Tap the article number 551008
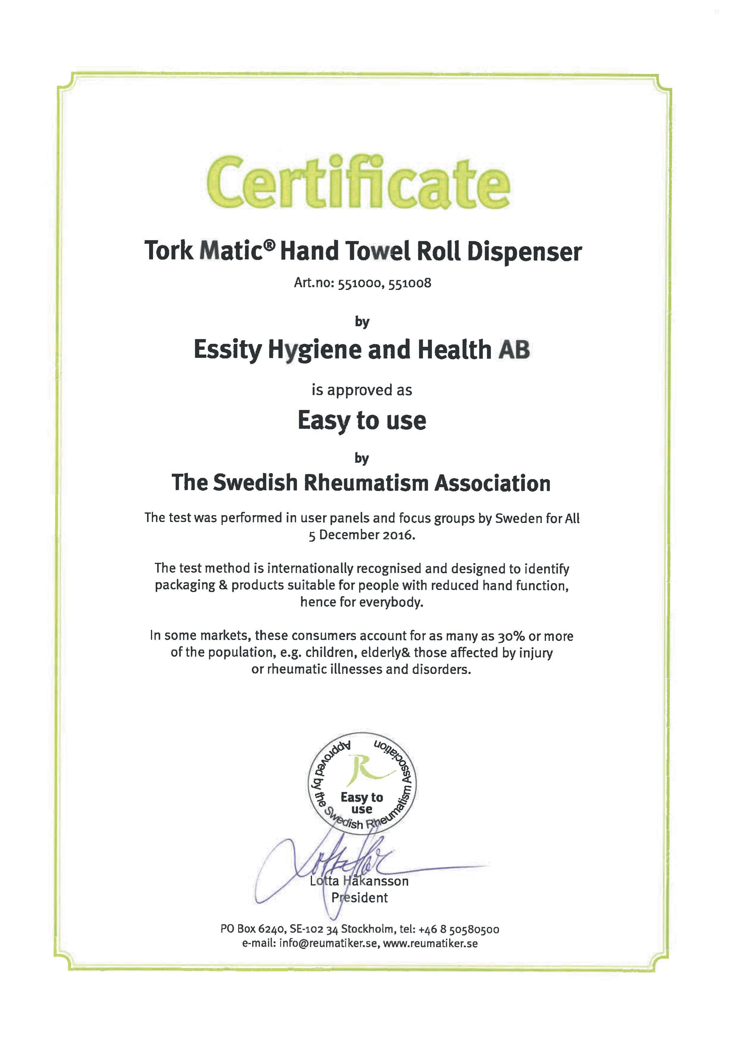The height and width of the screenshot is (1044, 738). [x=410, y=283]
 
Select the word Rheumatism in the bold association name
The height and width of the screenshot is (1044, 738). [x=366, y=483]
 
